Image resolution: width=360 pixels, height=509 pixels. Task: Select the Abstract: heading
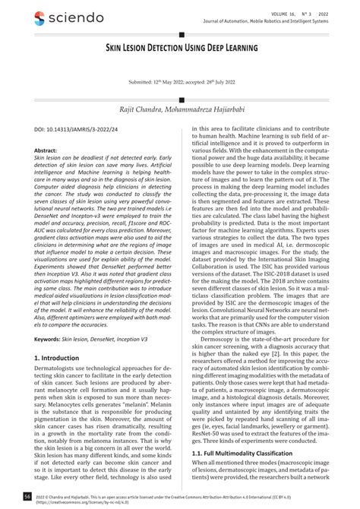49,152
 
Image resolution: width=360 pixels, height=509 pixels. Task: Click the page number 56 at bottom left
27,496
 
